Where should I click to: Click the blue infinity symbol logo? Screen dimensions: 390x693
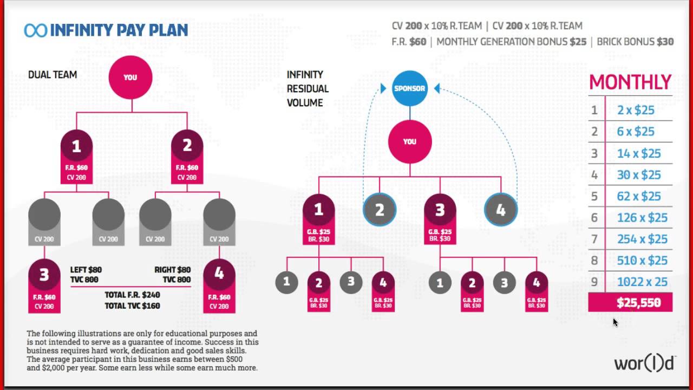35,30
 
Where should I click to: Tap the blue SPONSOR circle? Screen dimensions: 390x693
410,88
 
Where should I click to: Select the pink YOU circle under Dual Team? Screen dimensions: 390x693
130,77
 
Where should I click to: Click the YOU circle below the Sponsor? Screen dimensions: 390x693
410,141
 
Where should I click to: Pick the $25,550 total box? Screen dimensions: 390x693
631,303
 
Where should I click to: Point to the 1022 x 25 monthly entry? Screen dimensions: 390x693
642,282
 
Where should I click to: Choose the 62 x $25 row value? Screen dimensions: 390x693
639,196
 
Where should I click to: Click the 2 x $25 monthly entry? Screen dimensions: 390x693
636,110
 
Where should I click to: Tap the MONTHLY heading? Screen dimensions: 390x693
630,82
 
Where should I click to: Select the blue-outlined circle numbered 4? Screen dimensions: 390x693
500,210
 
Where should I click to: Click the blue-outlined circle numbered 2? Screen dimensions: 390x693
380,210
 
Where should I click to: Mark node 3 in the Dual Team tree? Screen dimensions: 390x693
44,275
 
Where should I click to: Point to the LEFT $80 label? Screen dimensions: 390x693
86,270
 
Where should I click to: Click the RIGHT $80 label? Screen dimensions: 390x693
173,270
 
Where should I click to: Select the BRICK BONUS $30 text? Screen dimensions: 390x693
635,42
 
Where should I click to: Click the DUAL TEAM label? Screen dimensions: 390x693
53,75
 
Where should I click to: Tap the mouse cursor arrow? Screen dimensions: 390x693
615,322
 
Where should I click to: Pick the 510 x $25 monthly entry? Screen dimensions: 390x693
642,261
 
